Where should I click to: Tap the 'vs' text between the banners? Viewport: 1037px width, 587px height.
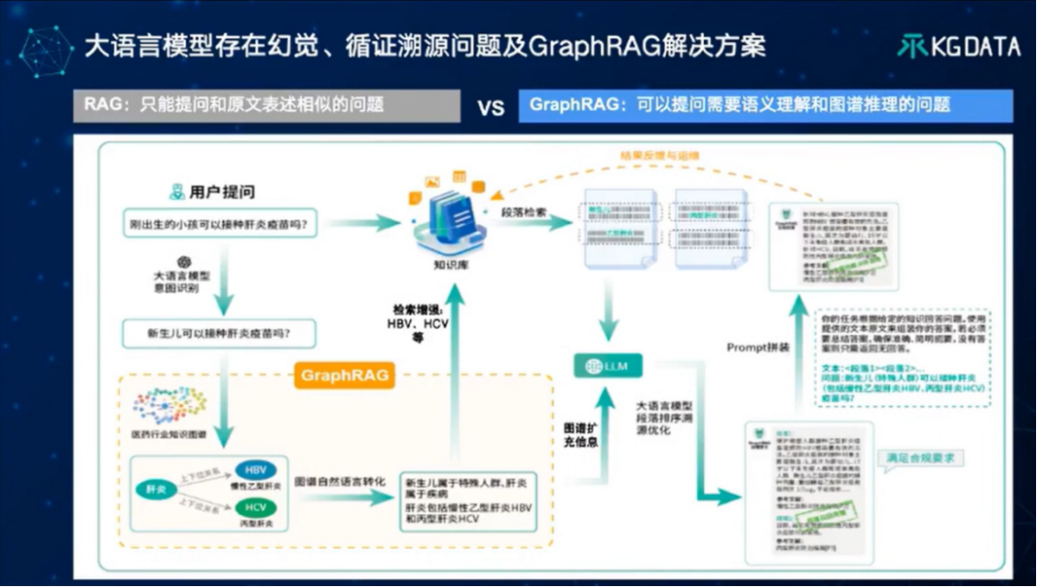point(491,106)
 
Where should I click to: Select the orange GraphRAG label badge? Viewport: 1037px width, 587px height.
point(346,375)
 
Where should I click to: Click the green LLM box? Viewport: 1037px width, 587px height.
point(608,365)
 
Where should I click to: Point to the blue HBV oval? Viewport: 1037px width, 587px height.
point(255,470)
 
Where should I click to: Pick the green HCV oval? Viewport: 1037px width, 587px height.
point(255,508)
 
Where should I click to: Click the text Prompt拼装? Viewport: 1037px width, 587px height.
point(760,347)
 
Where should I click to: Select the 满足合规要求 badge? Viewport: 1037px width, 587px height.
point(924,457)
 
